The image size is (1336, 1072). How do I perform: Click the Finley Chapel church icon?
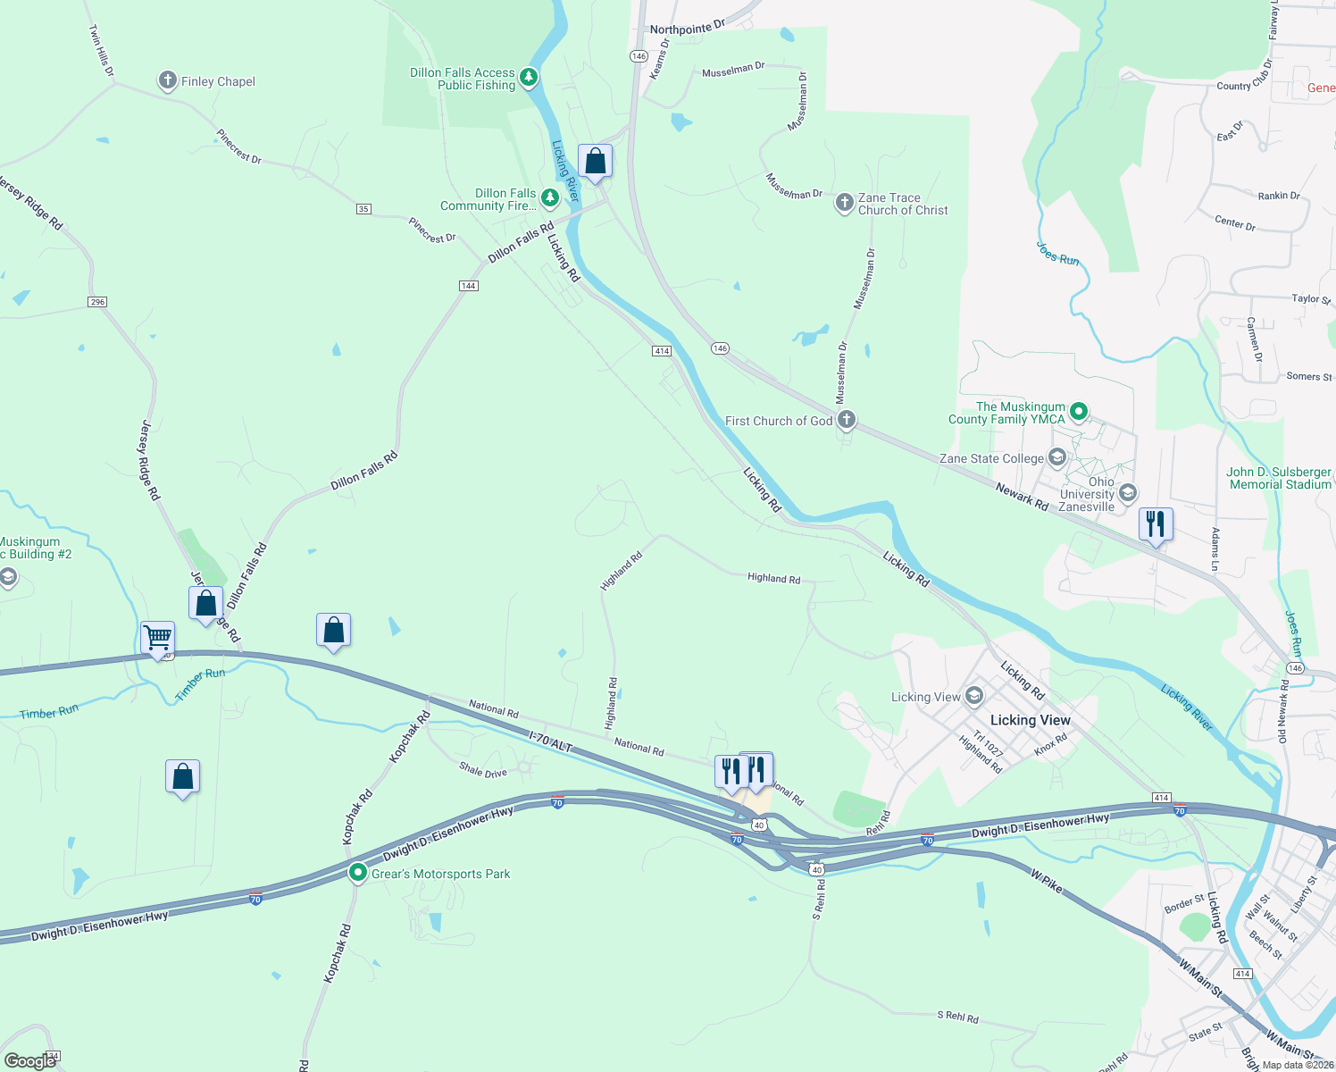point(167,81)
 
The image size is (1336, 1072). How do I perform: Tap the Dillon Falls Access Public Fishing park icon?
point(529,78)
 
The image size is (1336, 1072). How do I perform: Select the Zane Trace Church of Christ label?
point(902,205)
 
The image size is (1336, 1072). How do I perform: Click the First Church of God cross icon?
point(846,420)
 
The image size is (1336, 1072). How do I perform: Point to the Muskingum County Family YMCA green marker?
point(1079,412)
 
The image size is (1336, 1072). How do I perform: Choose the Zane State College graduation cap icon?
point(1057,458)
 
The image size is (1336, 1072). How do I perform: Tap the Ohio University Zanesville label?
point(1087,494)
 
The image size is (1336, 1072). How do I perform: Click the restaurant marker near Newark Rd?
point(1156,524)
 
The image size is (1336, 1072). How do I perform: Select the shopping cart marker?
point(157,639)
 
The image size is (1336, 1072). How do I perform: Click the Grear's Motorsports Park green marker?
point(358,873)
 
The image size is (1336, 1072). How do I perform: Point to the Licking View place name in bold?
point(1030,720)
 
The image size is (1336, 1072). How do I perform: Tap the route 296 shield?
point(97,302)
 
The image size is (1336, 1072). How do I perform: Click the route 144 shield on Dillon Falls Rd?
point(468,286)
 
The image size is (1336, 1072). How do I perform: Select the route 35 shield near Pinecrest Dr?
point(363,209)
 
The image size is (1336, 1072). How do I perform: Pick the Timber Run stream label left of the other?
point(49,712)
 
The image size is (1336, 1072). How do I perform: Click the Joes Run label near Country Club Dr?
point(1057,254)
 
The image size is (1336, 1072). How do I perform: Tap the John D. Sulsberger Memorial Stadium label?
point(1279,478)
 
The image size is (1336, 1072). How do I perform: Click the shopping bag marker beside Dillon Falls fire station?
point(595,163)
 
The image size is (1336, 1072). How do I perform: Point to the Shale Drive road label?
point(482,770)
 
